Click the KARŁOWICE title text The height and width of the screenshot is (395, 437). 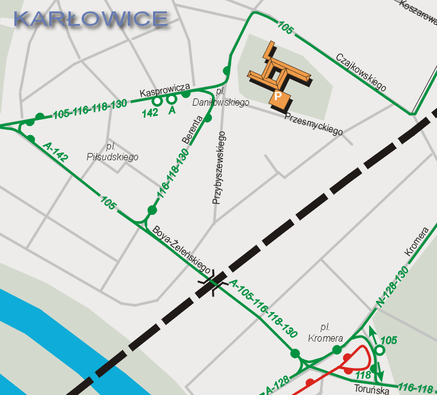coord(91,19)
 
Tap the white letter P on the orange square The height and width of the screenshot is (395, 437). coord(277,95)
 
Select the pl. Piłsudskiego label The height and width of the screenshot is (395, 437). coord(122,152)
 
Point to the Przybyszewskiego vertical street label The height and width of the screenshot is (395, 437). coord(218,168)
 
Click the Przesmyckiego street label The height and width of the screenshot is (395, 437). coord(313,124)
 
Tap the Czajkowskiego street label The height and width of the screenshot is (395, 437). coord(361,73)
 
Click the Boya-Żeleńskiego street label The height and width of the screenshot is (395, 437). coord(181,249)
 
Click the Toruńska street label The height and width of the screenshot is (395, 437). coord(372,389)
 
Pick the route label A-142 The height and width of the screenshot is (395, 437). coord(55,152)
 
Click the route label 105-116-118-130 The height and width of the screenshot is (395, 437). coord(90,109)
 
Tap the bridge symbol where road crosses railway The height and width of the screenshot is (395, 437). coord(213,280)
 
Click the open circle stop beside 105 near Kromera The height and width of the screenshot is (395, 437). coord(379,350)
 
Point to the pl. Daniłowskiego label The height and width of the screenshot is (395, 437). coord(220,97)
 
